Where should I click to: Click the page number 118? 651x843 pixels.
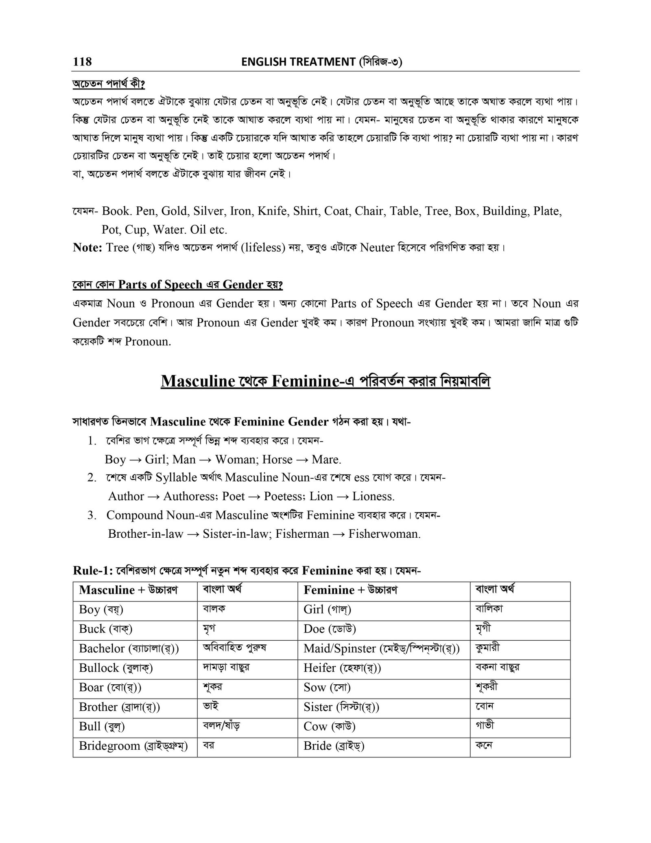(x=82, y=62)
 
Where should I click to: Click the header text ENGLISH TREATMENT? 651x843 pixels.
(x=298, y=62)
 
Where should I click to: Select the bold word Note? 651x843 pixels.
(x=87, y=247)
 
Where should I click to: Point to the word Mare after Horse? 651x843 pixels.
(x=326, y=460)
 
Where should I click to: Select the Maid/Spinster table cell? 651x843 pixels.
(x=381, y=648)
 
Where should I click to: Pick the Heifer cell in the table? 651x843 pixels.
(x=342, y=668)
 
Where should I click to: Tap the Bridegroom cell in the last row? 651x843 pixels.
(x=133, y=746)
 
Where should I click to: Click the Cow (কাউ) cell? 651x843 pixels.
(x=330, y=726)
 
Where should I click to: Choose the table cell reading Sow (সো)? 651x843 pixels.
(x=327, y=688)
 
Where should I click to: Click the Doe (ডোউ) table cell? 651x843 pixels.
(x=330, y=629)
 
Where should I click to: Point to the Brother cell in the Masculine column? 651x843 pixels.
(x=119, y=707)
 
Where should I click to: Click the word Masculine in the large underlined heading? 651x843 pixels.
(x=198, y=381)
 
